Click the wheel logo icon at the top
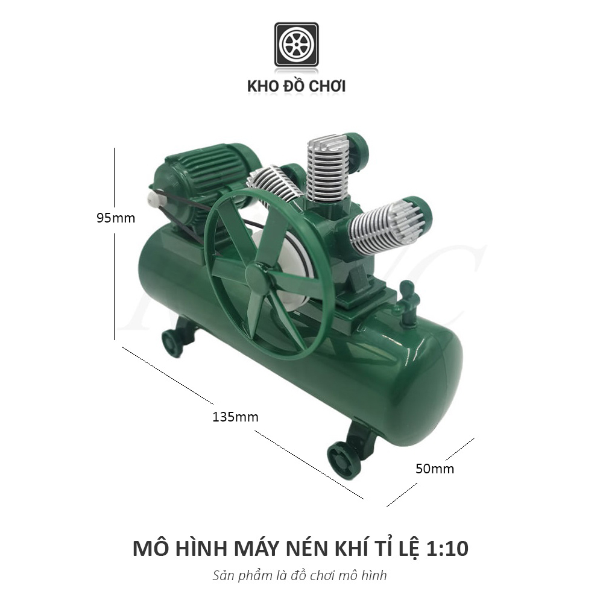coord(296,45)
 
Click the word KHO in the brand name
coord(262,86)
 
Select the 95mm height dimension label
coord(116,218)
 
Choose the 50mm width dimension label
coord(435,468)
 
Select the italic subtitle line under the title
coord(300,575)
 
